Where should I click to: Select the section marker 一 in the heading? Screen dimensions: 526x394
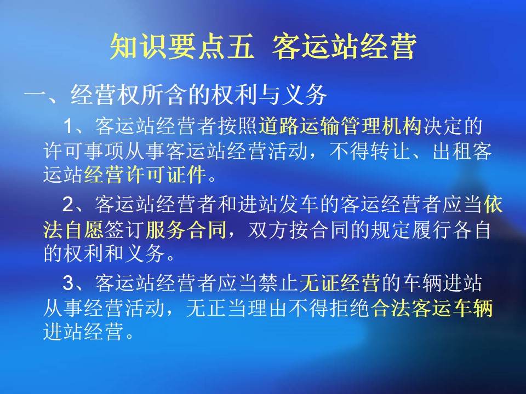click(x=35, y=95)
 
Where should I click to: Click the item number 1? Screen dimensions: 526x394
click(x=68, y=126)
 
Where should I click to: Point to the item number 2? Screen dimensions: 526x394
click(x=68, y=204)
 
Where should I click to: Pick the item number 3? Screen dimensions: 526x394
click(x=68, y=283)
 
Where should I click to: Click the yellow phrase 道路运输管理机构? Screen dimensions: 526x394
click(x=340, y=126)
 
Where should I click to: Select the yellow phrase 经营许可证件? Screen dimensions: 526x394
click(x=145, y=174)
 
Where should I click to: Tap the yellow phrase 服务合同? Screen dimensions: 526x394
click(x=186, y=230)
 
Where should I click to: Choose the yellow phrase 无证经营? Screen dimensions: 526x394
click(x=340, y=283)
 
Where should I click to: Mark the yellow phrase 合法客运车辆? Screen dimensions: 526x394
click(x=431, y=308)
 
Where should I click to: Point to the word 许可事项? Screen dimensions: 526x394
click(x=84, y=151)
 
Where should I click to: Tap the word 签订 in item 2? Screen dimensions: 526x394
click(x=125, y=230)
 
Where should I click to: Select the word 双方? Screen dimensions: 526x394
click(x=268, y=230)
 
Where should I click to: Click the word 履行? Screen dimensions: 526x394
click(x=431, y=230)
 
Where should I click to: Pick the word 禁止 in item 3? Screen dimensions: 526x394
click(x=278, y=283)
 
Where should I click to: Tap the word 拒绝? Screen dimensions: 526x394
click(x=350, y=308)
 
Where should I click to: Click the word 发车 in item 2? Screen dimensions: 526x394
click(x=299, y=204)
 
